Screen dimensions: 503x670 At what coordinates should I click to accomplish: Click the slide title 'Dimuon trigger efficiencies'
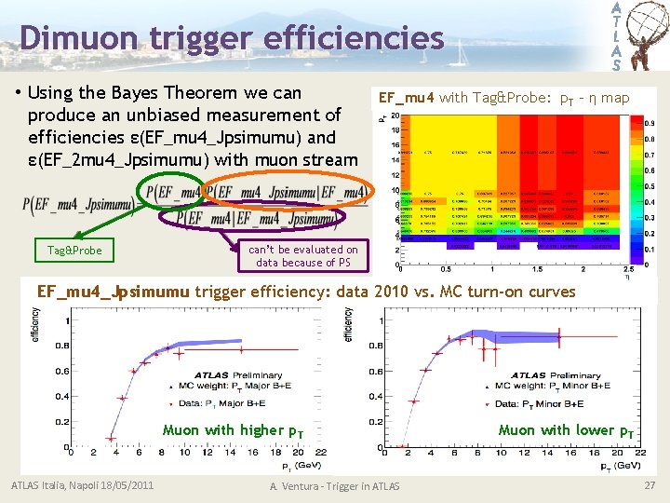(x=231, y=38)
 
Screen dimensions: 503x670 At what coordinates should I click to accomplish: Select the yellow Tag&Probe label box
(x=74, y=251)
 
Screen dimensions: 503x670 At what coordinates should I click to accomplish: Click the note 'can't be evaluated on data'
(x=302, y=256)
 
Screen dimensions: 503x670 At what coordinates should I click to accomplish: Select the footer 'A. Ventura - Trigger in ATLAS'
(x=334, y=486)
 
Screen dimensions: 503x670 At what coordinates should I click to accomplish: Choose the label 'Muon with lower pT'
(x=567, y=430)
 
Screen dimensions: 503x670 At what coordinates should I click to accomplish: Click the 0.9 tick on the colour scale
(x=648, y=123)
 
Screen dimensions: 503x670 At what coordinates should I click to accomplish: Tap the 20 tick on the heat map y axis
(x=395, y=115)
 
